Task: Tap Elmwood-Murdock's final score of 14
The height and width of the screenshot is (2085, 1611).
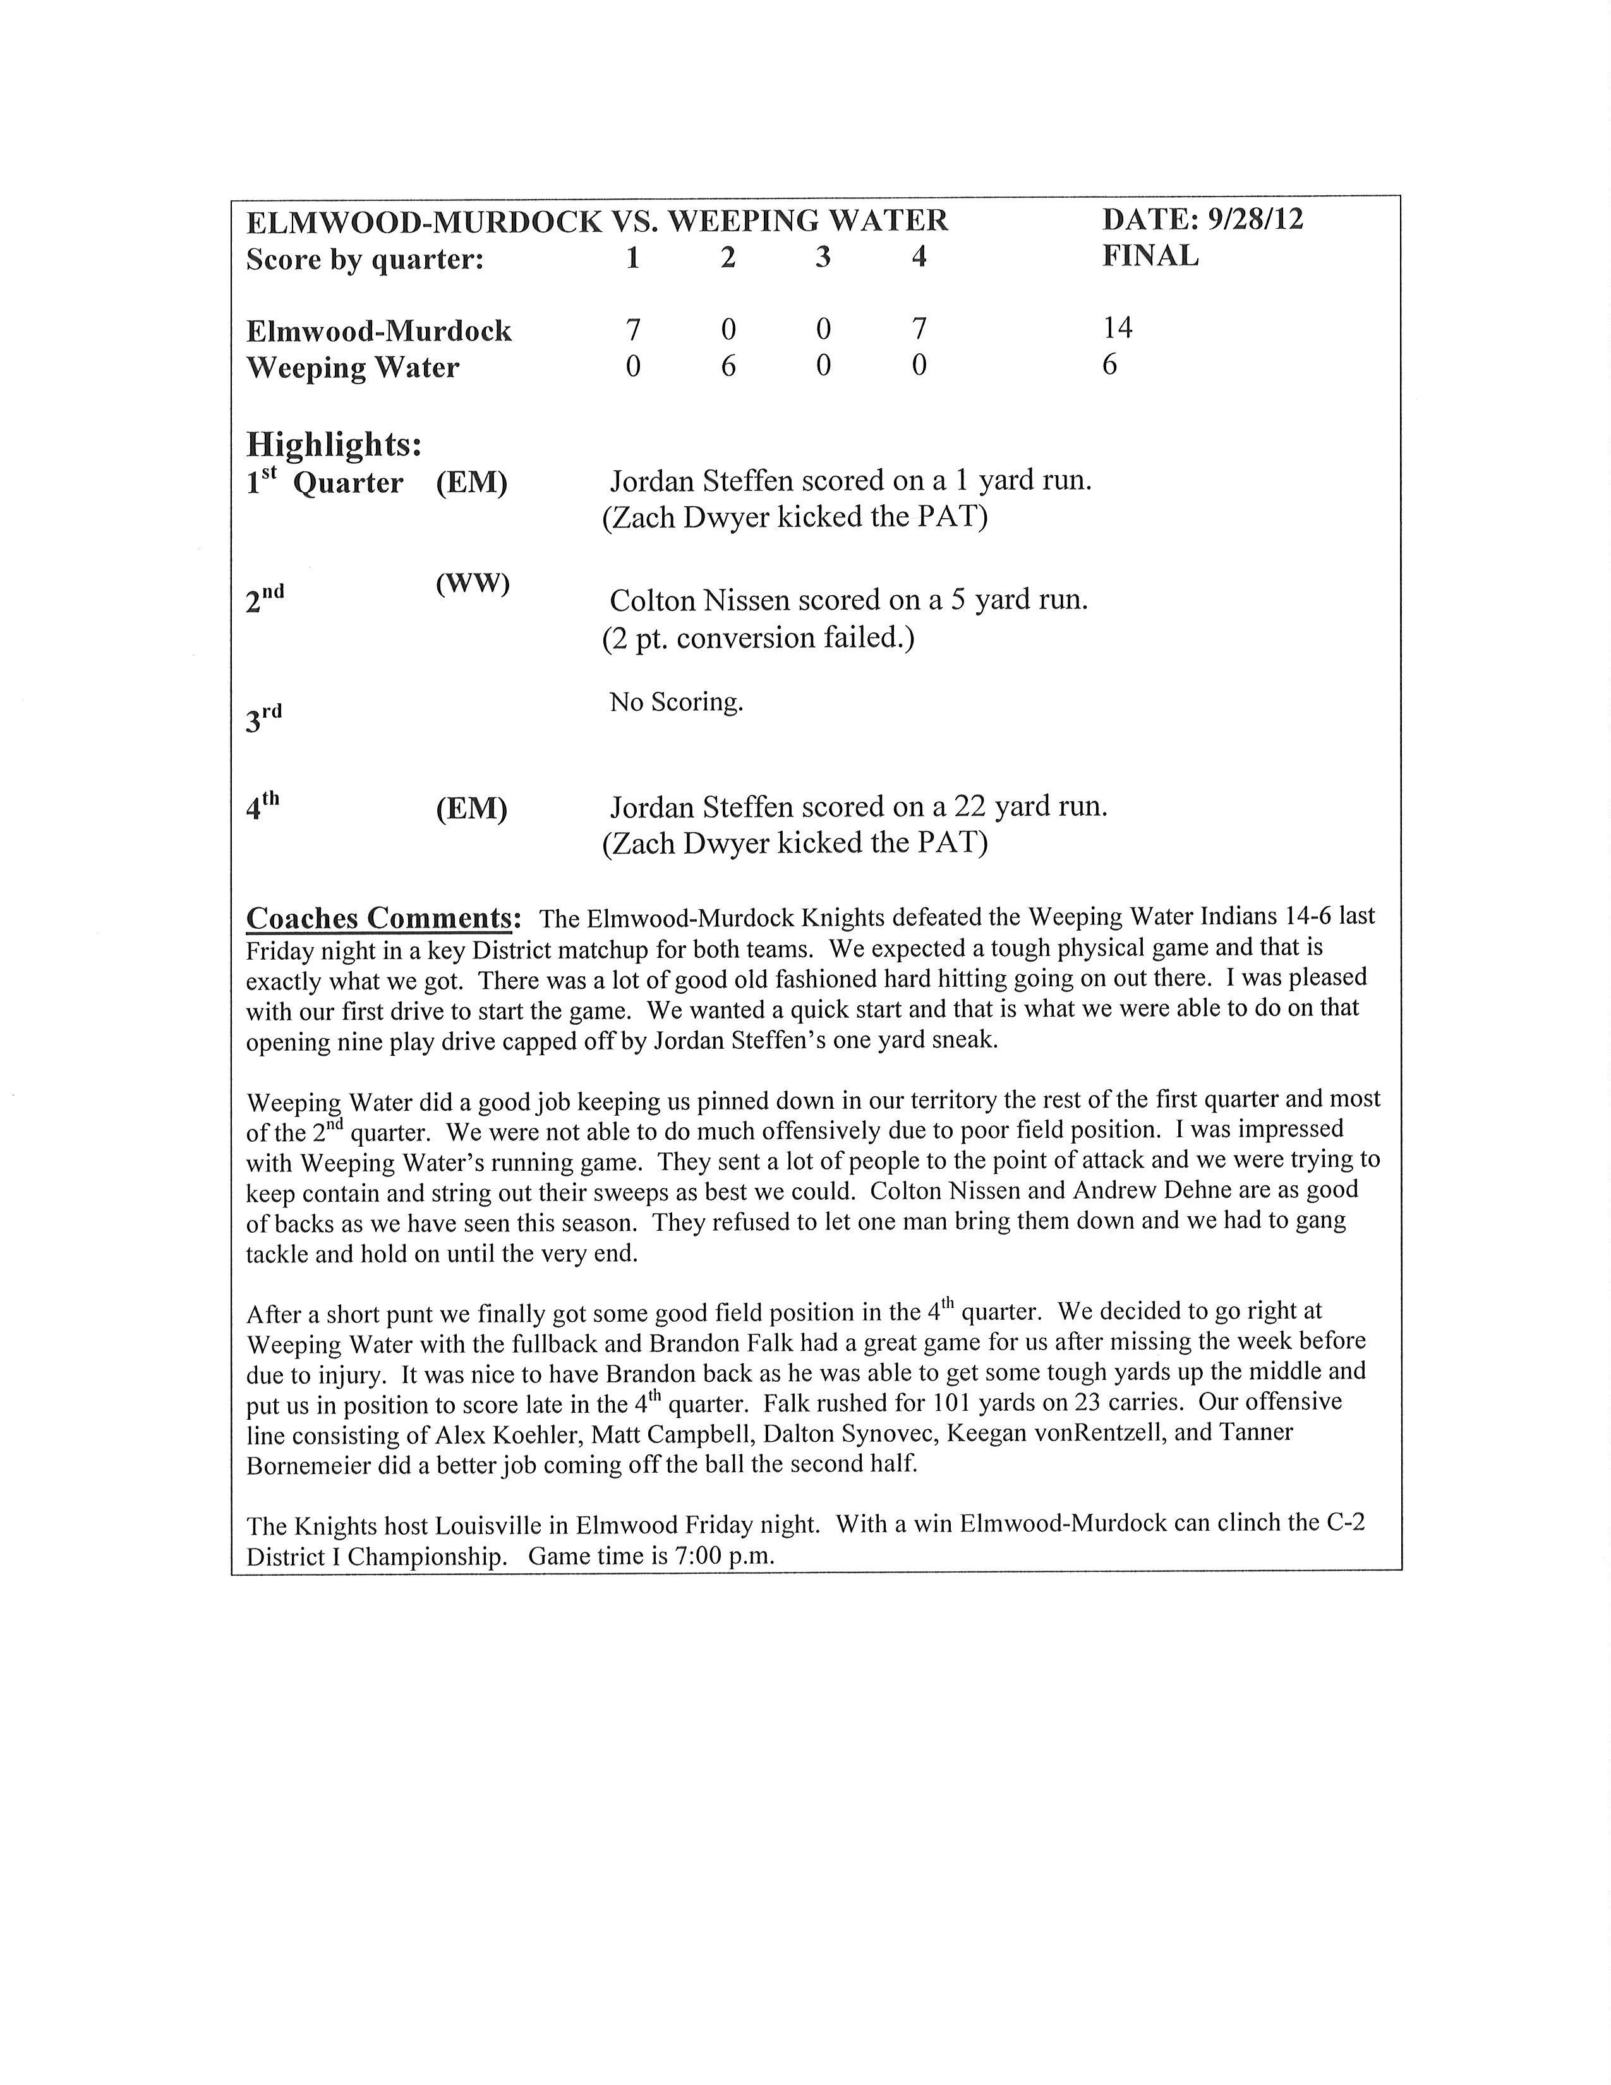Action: click(x=1118, y=329)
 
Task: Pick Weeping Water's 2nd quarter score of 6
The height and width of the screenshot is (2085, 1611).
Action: click(x=728, y=366)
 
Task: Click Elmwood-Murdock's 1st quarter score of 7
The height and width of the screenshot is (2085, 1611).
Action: click(x=633, y=329)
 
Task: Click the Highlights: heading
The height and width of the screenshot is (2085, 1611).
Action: click(x=334, y=444)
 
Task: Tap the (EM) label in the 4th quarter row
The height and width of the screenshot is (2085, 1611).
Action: click(x=471, y=809)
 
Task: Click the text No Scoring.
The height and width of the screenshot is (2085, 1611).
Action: click(x=676, y=703)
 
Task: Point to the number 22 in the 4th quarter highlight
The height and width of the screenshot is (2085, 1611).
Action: click(x=970, y=807)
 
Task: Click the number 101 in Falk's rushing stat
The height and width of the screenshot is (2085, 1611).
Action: click(x=951, y=1403)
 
